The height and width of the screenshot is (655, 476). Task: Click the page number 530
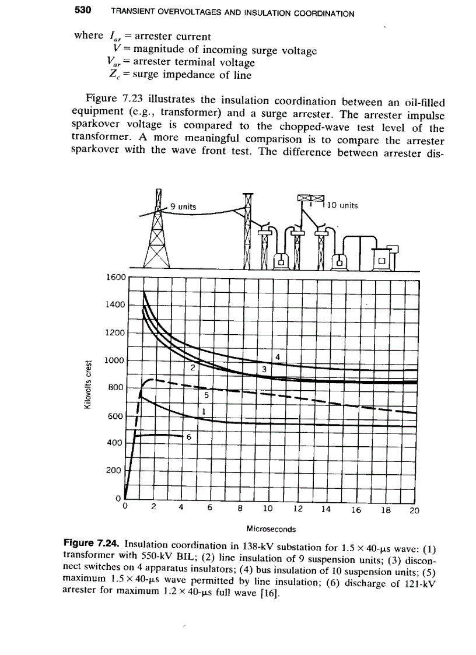point(85,10)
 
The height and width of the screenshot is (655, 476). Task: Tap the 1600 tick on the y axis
point(115,277)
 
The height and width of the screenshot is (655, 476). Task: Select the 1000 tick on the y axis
point(115,360)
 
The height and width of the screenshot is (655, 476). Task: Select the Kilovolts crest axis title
point(88,386)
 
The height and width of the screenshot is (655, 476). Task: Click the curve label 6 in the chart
point(188,437)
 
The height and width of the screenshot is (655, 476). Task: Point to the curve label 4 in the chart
point(278,356)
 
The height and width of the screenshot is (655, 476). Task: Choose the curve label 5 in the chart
point(206,395)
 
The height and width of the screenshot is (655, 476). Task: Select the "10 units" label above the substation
point(343,205)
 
